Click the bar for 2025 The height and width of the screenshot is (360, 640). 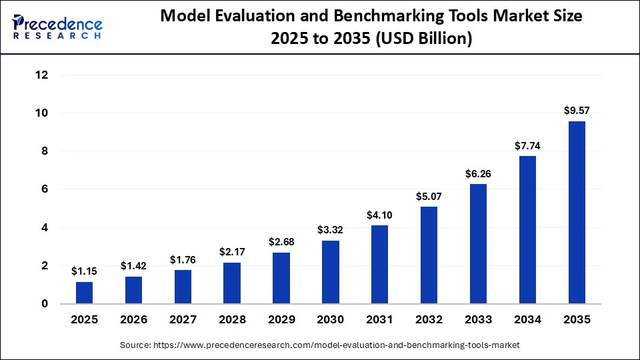(x=84, y=293)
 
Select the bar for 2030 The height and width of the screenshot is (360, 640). (x=330, y=272)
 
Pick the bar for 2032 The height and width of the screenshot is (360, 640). (x=429, y=255)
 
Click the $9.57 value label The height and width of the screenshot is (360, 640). (x=577, y=111)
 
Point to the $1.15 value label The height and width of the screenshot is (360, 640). (x=84, y=271)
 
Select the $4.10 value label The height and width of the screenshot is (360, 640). (x=379, y=215)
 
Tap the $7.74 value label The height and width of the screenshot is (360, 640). (x=527, y=145)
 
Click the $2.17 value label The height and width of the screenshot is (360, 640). (x=232, y=252)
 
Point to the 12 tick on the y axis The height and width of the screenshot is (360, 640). (x=41, y=75)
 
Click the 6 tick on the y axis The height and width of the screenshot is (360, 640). (x=45, y=189)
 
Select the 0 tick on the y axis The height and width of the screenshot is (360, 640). (x=45, y=304)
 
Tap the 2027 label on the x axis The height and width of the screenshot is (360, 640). (x=183, y=320)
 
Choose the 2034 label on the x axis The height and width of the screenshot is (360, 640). (x=527, y=320)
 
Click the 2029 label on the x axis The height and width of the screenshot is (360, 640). (x=281, y=320)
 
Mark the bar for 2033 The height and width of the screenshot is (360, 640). (x=478, y=244)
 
